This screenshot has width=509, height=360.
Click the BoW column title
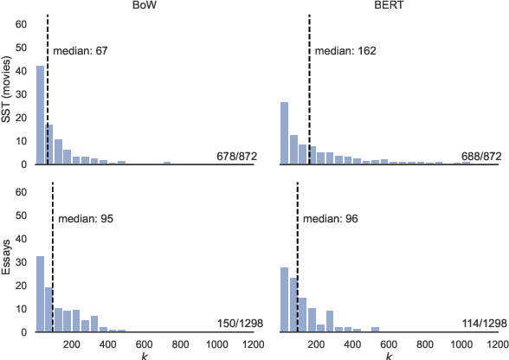click(143, 6)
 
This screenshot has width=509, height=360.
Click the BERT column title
click(388, 6)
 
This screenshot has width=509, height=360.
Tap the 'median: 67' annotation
click(80, 51)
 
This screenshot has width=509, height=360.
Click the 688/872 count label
click(479, 157)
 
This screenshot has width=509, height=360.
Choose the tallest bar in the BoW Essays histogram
click(40, 293)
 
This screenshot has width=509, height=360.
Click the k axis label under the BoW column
click(144, 355)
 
